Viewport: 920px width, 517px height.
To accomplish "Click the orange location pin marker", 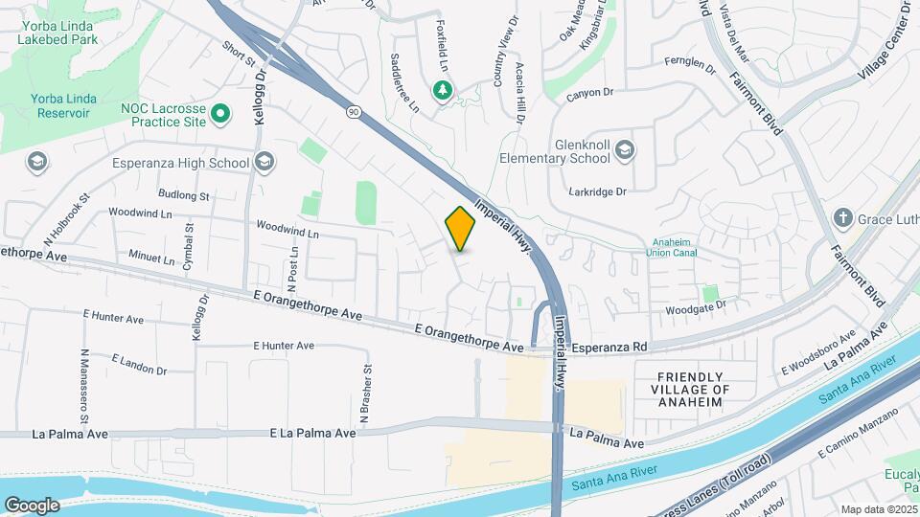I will click(460, 228).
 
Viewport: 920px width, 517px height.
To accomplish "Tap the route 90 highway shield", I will click(354, 112).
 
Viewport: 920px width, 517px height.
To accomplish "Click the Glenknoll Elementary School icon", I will click(625, 149).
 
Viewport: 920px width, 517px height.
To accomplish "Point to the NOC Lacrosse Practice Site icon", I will click(221, 116).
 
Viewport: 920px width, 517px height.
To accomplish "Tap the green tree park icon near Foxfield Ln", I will click(443, 90).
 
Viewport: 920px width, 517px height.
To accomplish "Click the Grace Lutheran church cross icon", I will click(843, 217).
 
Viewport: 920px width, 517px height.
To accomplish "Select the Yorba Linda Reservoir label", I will click(59, 105).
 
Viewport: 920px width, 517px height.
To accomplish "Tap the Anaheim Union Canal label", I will click(675, 247).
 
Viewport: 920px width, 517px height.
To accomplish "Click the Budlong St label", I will click(184, 195).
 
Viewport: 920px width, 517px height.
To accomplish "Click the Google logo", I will click(32, 506).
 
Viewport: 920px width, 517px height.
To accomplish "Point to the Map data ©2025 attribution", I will click(877, 509).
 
